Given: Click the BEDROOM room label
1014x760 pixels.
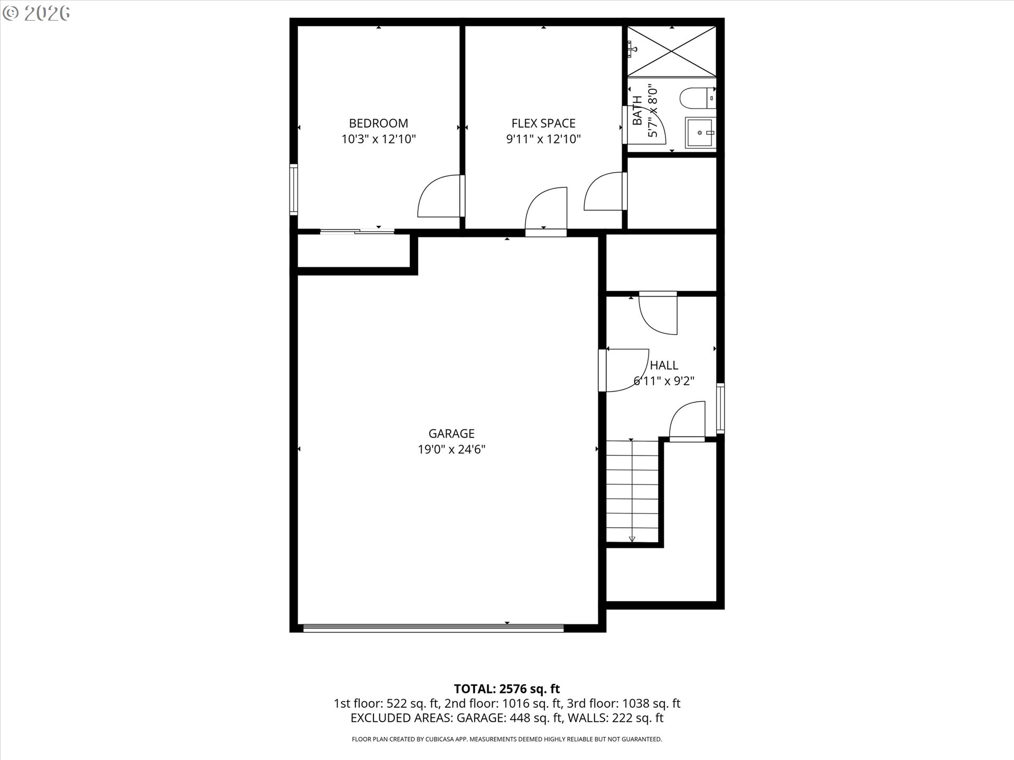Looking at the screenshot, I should coord(378,123).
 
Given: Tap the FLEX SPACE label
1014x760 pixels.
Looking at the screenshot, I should coord(543,123).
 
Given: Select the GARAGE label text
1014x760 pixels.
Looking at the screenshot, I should coord(451,433).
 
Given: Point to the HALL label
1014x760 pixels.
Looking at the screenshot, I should coord(664,365).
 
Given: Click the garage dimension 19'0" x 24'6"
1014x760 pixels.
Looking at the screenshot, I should coord(451,450).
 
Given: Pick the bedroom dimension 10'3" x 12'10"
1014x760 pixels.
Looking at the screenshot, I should coord(378,139).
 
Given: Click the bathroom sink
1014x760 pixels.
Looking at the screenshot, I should coord(700,133).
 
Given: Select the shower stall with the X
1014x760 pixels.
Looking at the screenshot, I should coord(671,51).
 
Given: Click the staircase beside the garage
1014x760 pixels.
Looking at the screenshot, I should coord(632,491).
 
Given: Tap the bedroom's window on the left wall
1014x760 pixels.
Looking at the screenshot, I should coord(294,189).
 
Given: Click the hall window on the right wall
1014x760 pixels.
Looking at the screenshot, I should coord(720,408).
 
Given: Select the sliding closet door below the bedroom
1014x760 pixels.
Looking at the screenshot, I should coord(357,231).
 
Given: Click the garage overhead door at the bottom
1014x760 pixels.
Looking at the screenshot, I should coord(433,628).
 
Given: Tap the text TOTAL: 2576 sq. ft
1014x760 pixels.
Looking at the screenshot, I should coord(506,689).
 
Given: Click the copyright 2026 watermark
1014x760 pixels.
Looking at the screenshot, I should coord(36,13).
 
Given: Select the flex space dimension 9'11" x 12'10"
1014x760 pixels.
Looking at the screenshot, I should coord(543,139).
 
